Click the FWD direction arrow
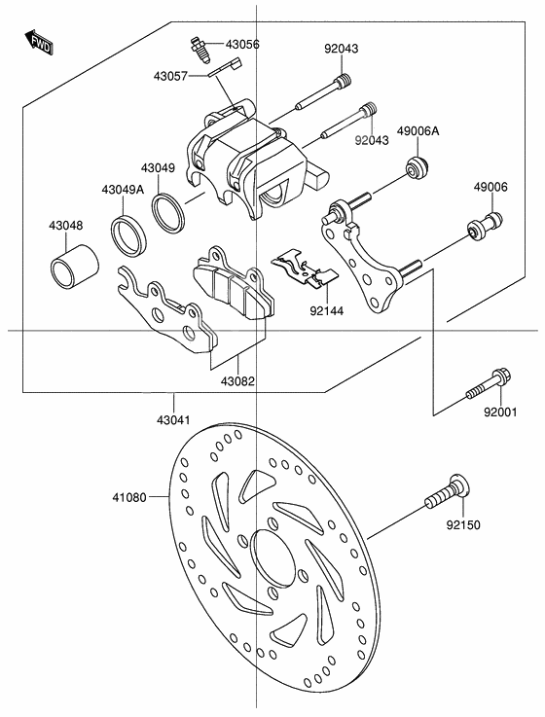coord(40,42)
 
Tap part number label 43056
coord(242,45)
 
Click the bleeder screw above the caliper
coord(199,48)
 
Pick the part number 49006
coord(490,187)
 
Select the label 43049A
coord(122,190)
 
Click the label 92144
coord(326,312)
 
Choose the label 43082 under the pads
coord(237,382)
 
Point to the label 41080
coord(128,496)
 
